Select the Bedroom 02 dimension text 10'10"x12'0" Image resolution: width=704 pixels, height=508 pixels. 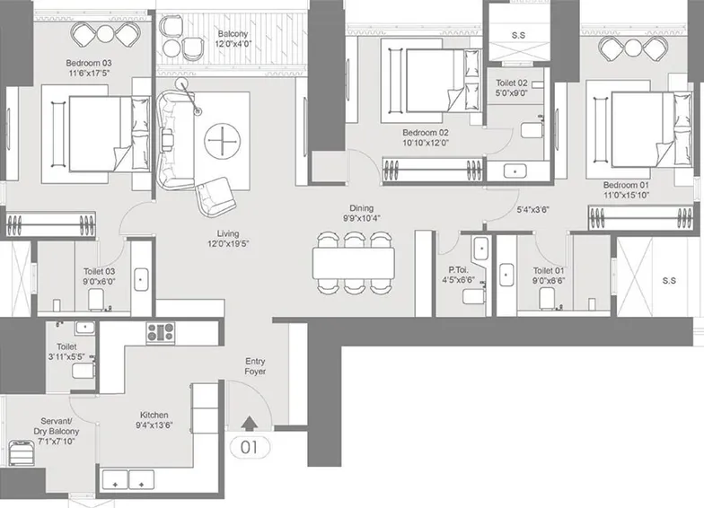click(425, 142)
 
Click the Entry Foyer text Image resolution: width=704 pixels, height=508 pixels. click(255, 366)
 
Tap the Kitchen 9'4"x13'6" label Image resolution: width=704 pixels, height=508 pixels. click(154, 420)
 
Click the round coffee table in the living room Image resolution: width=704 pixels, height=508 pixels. click(220, 141)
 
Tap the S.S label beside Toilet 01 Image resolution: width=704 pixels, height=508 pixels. click(668, 280)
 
